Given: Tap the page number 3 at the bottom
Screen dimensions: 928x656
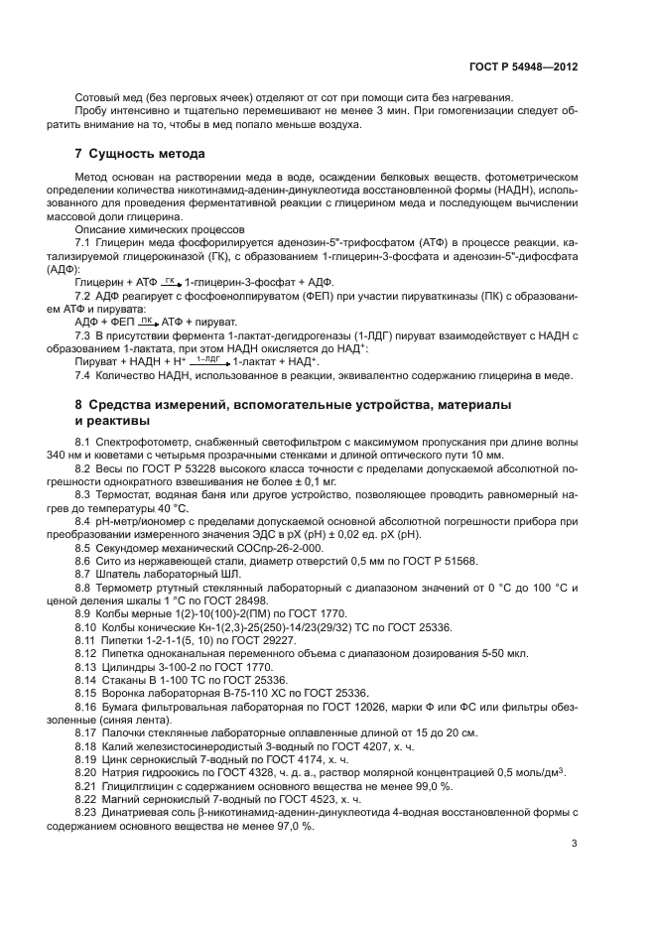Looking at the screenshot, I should pyautogui.click(x=575, y=844).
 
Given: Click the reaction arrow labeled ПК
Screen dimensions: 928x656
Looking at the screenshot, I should pyautogui.click(x=147, y=322).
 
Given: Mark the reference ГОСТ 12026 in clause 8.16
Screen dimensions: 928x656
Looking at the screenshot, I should pyautogui.click(x=329, y=706).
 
